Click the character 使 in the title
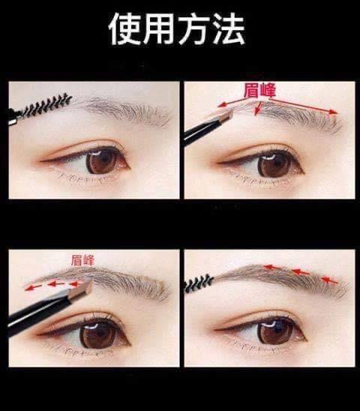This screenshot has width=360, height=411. [124, 28]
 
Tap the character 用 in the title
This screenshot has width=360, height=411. [159, 28]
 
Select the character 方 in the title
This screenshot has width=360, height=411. [193, 28]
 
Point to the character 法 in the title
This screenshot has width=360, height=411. [229, 28]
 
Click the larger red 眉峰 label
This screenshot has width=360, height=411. [259, 91]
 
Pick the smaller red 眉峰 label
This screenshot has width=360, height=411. [82, 260]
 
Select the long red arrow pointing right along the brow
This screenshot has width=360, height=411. [304, 106]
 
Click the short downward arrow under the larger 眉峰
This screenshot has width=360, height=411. [258, 108]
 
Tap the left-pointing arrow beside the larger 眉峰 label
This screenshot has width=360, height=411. [230, 103]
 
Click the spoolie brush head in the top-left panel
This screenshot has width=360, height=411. [47, 106]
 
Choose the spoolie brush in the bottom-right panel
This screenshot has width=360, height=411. [199, 283]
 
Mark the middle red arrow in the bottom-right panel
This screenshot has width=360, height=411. [301, 272]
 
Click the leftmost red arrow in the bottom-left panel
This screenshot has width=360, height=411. [33, 287]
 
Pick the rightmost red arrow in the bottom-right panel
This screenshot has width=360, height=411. [329, 280]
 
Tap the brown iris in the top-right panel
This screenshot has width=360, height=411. [274, 165]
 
